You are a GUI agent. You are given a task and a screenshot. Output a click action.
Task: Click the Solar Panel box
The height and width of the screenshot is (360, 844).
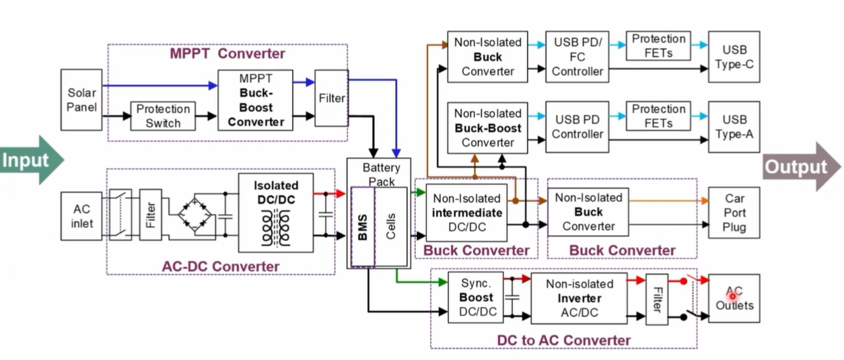81,100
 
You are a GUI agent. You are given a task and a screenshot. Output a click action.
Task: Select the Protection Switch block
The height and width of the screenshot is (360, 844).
163,116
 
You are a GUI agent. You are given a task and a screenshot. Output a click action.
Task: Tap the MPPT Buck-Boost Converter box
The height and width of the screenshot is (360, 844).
255,100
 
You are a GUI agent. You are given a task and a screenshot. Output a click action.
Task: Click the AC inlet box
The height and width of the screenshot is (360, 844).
81,215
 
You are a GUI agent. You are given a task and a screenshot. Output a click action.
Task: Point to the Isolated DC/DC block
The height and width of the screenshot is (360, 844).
276,213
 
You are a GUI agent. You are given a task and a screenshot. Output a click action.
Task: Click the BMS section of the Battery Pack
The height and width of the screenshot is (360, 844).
363,227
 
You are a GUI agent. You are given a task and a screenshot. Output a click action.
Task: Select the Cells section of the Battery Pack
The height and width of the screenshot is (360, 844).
391,226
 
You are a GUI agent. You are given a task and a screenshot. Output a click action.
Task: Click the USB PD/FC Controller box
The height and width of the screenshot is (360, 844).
577,57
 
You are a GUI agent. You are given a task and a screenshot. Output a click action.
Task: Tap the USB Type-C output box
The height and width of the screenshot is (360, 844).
734,57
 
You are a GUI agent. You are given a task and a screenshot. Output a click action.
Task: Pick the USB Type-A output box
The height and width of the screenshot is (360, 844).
734,127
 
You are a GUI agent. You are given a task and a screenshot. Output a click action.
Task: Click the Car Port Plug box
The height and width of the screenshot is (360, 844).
734,213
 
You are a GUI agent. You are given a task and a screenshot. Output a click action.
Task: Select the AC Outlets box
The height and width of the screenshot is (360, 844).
734,298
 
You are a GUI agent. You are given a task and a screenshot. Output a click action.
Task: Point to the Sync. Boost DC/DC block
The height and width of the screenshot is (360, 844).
476,297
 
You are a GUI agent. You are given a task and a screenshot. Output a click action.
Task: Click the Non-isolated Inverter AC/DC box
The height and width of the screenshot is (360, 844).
579,298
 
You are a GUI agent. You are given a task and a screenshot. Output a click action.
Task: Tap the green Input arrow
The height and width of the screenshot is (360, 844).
31,160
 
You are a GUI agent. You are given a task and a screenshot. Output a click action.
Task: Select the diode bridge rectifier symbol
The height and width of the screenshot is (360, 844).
195,215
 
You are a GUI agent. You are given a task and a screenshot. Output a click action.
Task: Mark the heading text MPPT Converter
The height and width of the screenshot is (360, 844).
227,54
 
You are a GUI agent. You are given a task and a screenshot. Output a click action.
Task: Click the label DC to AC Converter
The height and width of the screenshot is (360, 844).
563,340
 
